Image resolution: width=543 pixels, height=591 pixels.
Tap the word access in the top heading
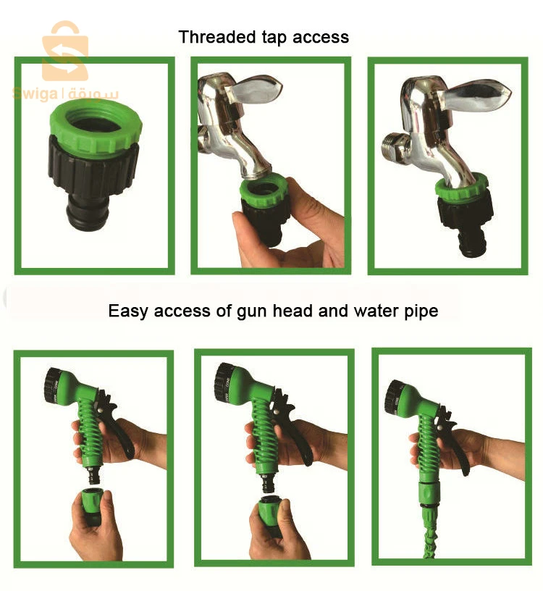coord(322,37)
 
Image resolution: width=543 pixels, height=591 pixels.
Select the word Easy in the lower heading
coord(126,311)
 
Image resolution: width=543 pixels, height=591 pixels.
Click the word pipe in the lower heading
coord(421,311)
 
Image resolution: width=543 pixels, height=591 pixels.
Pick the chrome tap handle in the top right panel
coord(478,98)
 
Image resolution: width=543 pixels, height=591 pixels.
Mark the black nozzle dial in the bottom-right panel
coord(394,395)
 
